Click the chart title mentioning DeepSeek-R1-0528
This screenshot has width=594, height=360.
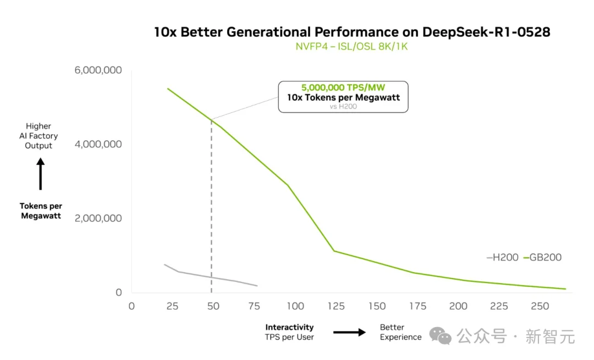pyautogui.click(x=352, y=32)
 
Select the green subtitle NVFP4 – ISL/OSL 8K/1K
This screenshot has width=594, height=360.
pyautogui.click(x=352, y=46)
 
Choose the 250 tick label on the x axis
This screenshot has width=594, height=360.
pyautogui.click(x=540, y=306)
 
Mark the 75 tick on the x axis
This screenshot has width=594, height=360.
pyautogui.click(x=255, y=306)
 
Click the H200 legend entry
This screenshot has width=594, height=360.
pyautogui.click(x=503, y=257)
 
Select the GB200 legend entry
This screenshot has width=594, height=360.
pyautogui.click(x=542, y=257)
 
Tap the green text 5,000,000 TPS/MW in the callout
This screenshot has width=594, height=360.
pyautogui.click(x=343, y=87)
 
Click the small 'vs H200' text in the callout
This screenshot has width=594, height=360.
pyautogui.click(x=343, y=106)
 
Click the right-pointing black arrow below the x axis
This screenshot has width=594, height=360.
pyautogui.click(x=349, y=332)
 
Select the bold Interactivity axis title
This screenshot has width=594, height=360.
pyautogui.click(x=289, y=328)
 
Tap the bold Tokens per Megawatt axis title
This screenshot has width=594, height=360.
pyautogui.click(x=41, y=211)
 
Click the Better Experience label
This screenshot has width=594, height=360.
pyautogui.click(x=400, y=332)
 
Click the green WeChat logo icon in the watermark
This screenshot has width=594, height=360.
pyautogui.click(x=441, y=335)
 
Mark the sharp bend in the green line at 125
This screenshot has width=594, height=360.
pyautogui.click(x=333, y=251)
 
